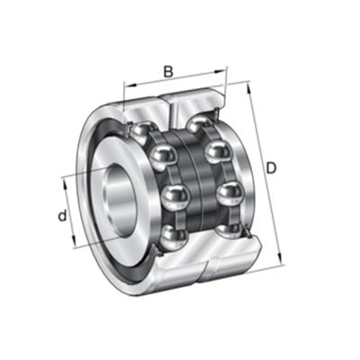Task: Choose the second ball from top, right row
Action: click(x=216, y=152)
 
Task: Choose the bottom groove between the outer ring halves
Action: click(x=207, y=266)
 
